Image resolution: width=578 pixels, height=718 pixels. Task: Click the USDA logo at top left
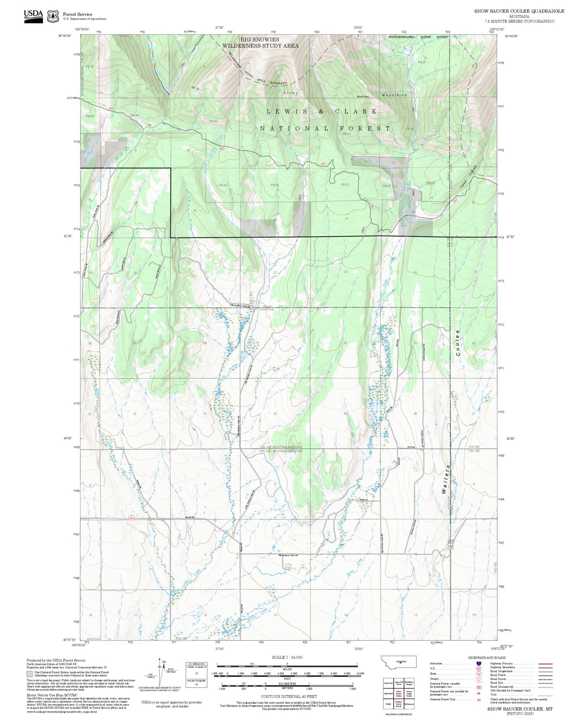coord(33,16)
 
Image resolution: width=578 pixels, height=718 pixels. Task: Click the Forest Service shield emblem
coord(53,16)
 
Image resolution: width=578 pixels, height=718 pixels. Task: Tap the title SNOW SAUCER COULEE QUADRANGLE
coord(519,11)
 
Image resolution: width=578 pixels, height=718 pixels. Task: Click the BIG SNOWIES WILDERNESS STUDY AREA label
coord(260,43)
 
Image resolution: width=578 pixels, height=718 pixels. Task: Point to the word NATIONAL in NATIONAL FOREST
coord(294,128)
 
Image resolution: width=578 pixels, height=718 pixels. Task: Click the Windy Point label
coord(363,97)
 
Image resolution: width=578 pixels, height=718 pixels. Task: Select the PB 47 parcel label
coord(344,185)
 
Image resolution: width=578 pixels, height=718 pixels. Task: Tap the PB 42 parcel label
coord(213,121)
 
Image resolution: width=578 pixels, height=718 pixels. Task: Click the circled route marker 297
coord(131,518)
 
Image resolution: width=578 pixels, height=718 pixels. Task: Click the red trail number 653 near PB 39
coord(111,108)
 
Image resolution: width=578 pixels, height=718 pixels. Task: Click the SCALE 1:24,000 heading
coord(287,657)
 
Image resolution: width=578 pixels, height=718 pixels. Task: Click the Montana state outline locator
coord(398,662)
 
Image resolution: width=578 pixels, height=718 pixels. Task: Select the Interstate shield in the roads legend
coord(478,663)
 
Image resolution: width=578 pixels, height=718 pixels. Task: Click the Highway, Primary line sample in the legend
coord(546,663)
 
